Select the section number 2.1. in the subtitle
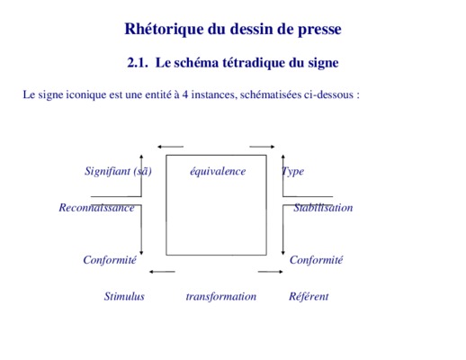coord(138,63)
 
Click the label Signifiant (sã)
coord(118,171)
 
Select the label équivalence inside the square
coord(218,172)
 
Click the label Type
coord(293,171)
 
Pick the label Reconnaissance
coord(96,208)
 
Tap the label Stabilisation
coord(323,208)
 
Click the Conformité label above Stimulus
coord(110,260)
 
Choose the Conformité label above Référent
coord(316,260)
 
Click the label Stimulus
coord(124,296)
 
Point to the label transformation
coord(221,297)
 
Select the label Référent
coord(309,296)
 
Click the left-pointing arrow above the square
coord(170,147)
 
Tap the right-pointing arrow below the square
coord(270,272)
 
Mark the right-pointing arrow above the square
coord(262,147)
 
